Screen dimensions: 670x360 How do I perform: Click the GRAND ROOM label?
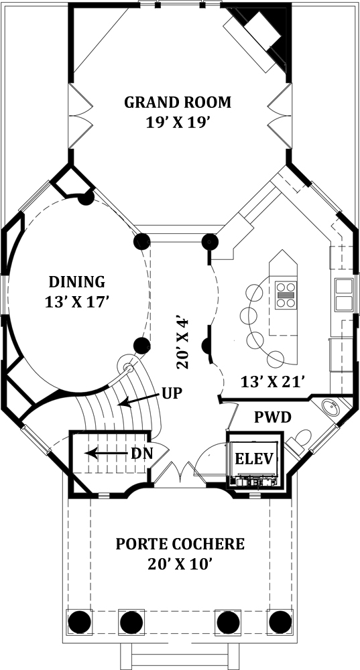tap(178, 103)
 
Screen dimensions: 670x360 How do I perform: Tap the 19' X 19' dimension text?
tap(178, 123)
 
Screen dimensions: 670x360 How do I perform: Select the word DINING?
tap(76, 281)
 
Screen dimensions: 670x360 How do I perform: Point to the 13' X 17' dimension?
tap(76, 302)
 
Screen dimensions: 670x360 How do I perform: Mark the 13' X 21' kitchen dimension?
tap(274, 381)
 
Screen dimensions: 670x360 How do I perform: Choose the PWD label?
tap(272, 418)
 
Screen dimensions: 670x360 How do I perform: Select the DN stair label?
tap(140, 454)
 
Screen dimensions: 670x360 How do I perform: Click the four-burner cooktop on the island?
tap(286, 295)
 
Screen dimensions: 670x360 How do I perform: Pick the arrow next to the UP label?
tap(140, 399)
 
